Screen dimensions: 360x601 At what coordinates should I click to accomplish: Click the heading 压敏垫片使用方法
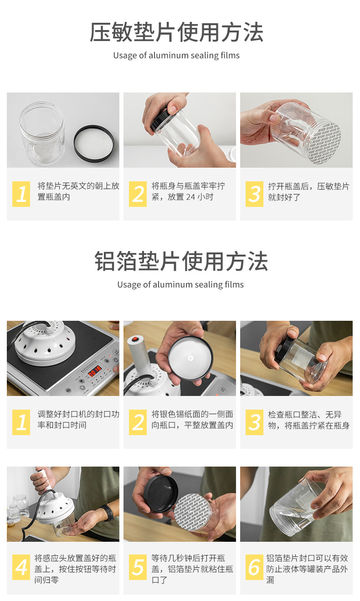pos(176,32)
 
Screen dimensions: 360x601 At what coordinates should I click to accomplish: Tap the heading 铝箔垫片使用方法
pos(181,261)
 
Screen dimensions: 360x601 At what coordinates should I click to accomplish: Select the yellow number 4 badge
pos(21,567)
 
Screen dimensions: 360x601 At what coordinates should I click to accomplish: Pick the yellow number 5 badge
pos(138,567)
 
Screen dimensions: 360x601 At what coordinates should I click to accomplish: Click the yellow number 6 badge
pos(254,567)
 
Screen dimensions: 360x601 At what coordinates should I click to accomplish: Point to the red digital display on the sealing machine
pos(95,372)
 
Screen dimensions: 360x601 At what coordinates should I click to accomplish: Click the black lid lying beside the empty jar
pos(94,144)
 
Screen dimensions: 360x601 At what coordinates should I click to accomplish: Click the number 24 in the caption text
pos(190,197)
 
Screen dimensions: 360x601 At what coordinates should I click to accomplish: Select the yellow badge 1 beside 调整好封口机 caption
pos(21,422)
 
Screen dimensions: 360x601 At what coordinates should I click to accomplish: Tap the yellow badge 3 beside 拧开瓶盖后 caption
pos(254,194)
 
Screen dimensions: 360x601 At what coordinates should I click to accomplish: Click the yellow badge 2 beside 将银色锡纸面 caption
pos(138,422)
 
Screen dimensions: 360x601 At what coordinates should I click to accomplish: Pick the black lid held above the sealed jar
pos(160,493)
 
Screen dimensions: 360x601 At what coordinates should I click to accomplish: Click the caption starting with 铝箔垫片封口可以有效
pos(307,569)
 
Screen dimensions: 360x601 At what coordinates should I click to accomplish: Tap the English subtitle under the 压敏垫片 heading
pos(176,56)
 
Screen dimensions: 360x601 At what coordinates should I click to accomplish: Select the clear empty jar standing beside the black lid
pos(42,134)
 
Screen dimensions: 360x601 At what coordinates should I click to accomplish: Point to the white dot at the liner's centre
pos(190,358)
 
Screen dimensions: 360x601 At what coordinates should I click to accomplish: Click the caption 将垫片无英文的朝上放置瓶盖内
pos(78,191)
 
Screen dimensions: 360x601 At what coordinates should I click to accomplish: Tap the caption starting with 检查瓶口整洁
pos(309,420)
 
